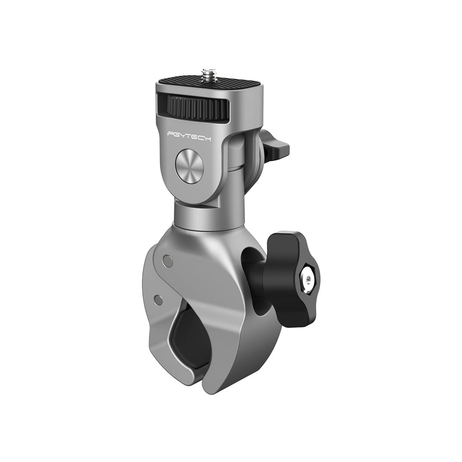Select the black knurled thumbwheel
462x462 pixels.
pyautogui.click(x=199, y=107)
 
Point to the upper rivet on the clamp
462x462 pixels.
pyautogui.click(x=168, y=262)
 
